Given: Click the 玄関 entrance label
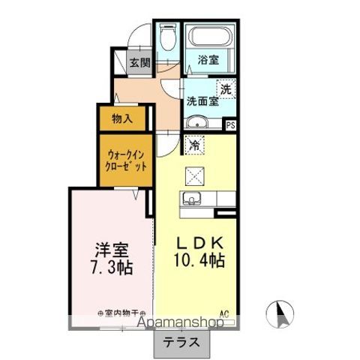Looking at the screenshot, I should tap(140, 63).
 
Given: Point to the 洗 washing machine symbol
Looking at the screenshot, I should tap(226, 87).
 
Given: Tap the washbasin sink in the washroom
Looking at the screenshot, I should tap(196, 123).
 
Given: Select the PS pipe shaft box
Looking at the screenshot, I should tap(229, 125).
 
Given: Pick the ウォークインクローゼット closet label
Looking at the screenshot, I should tap(125, 159).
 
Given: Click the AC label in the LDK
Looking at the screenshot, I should tap(223, 313).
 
